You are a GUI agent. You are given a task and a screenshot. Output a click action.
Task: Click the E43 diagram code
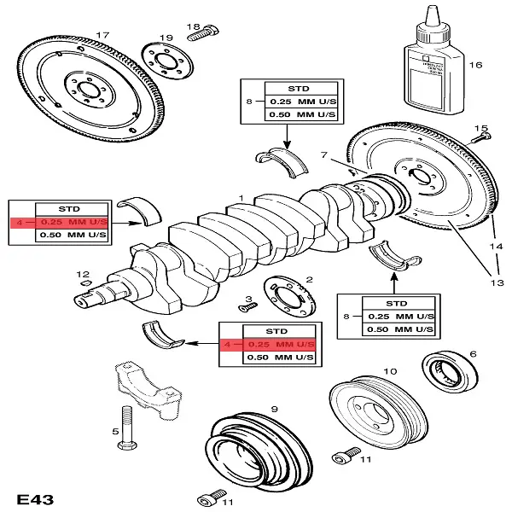coord(35,496)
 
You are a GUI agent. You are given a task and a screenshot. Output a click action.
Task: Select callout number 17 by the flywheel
coord(102,35)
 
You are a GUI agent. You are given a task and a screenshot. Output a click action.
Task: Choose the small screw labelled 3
coord(241,309)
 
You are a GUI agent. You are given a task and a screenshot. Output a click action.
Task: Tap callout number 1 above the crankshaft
coord(241,198)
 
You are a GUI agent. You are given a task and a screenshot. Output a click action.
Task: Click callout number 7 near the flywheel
coord(323,154)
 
